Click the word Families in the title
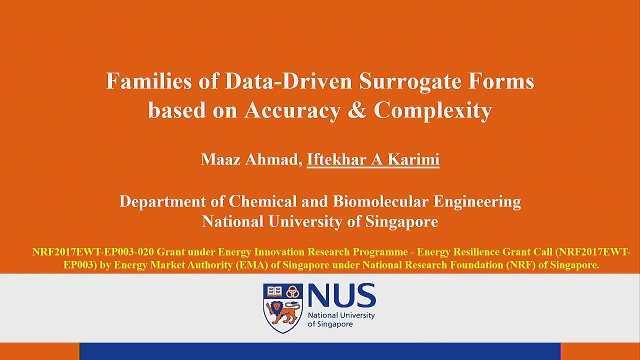149,81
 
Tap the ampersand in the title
357,109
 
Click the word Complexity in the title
432,111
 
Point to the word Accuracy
293,111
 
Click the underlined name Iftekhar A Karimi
373,159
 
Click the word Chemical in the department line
262,201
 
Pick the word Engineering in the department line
477,202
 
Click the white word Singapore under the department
401,222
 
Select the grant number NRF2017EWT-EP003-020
93,252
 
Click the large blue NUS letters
341,295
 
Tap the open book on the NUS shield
274,291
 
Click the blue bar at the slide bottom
320,351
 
